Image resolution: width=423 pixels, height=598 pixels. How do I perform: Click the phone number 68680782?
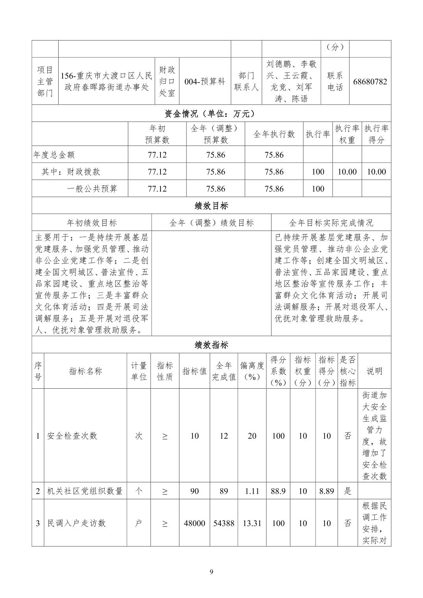coord(370,81)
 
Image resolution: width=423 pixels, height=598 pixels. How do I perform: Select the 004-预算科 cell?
coord(205,81)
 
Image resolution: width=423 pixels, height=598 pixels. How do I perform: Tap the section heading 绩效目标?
coord(211,206)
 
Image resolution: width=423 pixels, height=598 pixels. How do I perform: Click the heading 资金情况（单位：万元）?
coord(211,114)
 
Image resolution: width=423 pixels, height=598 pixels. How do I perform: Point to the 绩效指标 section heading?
coord(211,345)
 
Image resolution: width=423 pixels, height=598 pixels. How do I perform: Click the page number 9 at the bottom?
coord(211,572)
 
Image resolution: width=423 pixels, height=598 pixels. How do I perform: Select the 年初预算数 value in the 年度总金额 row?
coord(157,155)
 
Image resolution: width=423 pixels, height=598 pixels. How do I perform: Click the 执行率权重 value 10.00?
coord(347,172)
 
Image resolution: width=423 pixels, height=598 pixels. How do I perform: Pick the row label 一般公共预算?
coord(92,189)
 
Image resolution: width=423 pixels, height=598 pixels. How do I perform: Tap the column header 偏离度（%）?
coord(252,371)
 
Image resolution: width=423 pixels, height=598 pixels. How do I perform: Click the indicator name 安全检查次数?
coord(72,436)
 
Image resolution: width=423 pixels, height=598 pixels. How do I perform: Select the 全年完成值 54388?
coord(224,523)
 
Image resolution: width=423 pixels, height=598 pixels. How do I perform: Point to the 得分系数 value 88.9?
coord(278,491)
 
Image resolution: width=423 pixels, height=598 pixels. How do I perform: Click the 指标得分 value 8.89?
coord(327,491)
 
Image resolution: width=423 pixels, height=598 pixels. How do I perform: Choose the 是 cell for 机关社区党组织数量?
coord(348,491)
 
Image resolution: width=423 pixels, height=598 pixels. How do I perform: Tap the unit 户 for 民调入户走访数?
coord(139,523)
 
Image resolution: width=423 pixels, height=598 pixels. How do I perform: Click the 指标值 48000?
coord(194,523)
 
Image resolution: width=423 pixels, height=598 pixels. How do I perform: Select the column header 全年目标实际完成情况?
coord(331,223)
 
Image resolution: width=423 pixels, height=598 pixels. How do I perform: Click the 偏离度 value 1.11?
coord(252,491)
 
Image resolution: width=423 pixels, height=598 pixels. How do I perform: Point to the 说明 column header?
coord(375,371)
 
